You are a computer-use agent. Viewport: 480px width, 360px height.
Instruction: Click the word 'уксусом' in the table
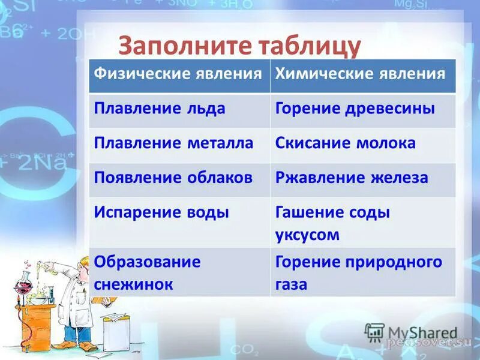[x=307, y=235]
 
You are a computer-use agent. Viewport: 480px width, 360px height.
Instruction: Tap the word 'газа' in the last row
[x=292, y=284]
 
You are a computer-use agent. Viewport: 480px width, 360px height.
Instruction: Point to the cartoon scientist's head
[x=84, y=264]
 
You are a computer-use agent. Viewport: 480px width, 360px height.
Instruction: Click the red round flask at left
[x=24, y=285]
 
